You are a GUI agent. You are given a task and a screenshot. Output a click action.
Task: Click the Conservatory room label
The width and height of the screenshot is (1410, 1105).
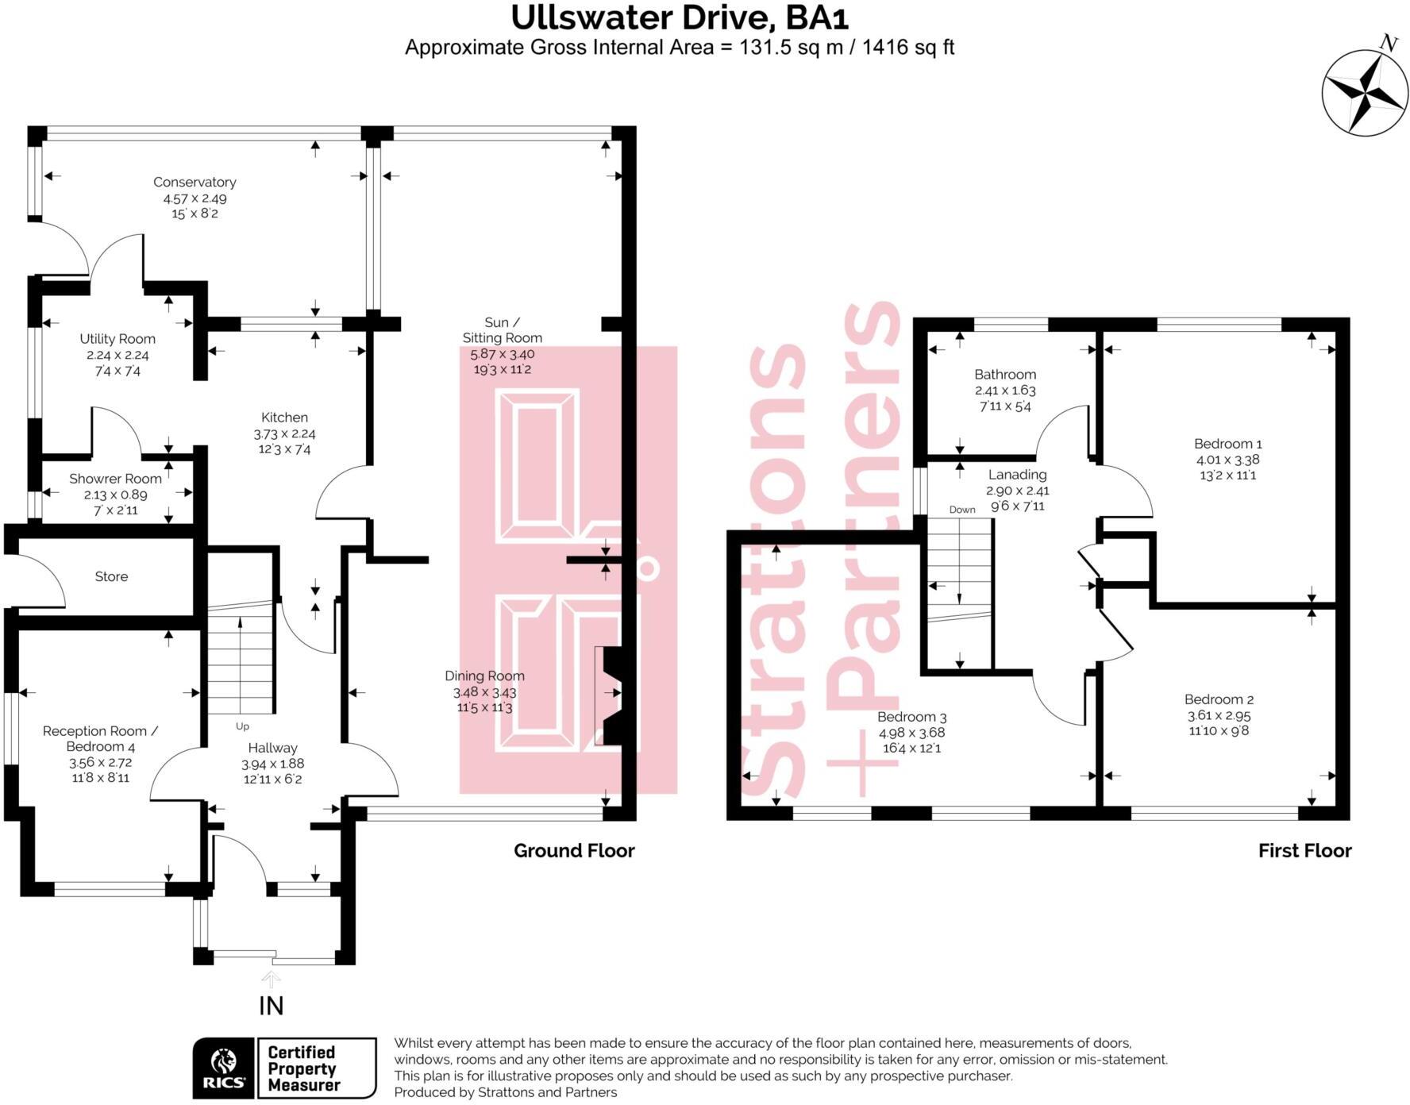point(195,182)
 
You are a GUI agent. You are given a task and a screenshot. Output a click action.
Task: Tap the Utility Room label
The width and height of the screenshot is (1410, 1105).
point(118,339)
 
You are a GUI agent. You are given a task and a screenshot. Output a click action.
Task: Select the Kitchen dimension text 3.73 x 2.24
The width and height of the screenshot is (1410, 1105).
point(284,433)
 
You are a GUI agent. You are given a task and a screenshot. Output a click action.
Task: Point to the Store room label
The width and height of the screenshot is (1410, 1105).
point(111,576)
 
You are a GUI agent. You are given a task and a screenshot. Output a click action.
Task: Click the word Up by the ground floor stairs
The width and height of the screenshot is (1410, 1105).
point(242,726)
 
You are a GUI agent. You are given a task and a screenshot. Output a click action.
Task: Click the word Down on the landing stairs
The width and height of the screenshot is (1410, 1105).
point(962,510)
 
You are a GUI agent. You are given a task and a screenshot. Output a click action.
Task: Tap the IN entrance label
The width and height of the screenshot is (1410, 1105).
point(271,1006)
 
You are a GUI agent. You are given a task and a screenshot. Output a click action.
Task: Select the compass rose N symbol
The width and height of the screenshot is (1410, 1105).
point(1388,44)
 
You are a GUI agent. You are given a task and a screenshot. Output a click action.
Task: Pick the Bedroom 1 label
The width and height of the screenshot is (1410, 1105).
point(1227,444)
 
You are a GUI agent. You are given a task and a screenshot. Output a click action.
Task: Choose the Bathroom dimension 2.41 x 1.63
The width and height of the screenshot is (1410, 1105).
point(1005,391)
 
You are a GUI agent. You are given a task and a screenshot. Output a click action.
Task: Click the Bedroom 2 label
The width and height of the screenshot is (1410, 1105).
point(1219,699)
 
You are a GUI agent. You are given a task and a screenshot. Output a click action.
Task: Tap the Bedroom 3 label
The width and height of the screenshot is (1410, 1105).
point(911,717)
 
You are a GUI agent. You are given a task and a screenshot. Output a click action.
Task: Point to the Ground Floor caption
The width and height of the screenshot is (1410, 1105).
point(574,851)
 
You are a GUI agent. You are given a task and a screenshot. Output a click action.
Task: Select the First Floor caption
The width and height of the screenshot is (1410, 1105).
point(1304,851)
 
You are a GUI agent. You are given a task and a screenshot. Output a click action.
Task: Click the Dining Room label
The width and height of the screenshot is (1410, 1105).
point(484,676)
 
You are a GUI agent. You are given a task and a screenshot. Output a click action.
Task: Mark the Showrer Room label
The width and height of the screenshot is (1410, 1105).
point(115,479)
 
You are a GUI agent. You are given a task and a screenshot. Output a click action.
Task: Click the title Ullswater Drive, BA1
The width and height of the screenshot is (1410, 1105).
point(680,17)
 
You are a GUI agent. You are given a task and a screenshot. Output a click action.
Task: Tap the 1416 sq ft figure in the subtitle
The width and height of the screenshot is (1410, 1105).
point(907,48)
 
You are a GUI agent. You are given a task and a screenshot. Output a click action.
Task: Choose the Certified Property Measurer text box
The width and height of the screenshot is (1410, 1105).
point(317,1068)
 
